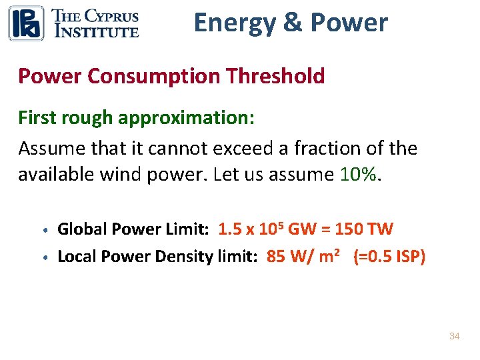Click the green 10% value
click(x=359, y=175)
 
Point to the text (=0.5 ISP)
click(x=389, y=257)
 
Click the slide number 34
click(x=454, y=336)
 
